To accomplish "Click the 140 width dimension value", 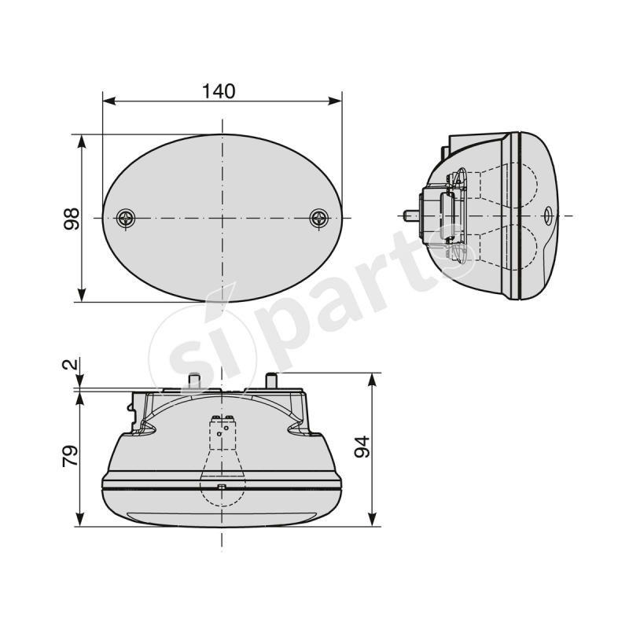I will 219,91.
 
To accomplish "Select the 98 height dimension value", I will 72,218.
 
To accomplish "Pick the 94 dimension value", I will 362,447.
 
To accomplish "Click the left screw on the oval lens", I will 125,218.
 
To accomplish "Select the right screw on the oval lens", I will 319,218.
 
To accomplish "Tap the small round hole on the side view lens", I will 548,214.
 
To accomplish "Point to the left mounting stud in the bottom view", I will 193,381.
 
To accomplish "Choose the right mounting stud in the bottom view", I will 273,381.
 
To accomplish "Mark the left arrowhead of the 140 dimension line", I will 109,101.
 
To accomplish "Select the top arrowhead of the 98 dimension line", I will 82,141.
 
